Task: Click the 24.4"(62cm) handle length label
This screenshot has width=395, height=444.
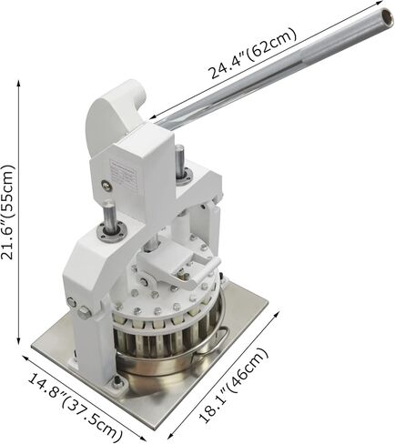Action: (x=253, y=53)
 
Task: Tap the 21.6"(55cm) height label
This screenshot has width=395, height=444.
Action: (x=7, y=212)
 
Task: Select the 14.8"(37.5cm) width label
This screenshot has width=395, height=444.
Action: (x=76, y=405)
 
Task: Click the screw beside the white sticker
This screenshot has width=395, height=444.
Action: (x=106, y=185)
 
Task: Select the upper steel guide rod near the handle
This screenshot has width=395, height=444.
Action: (x=179, y=159)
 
